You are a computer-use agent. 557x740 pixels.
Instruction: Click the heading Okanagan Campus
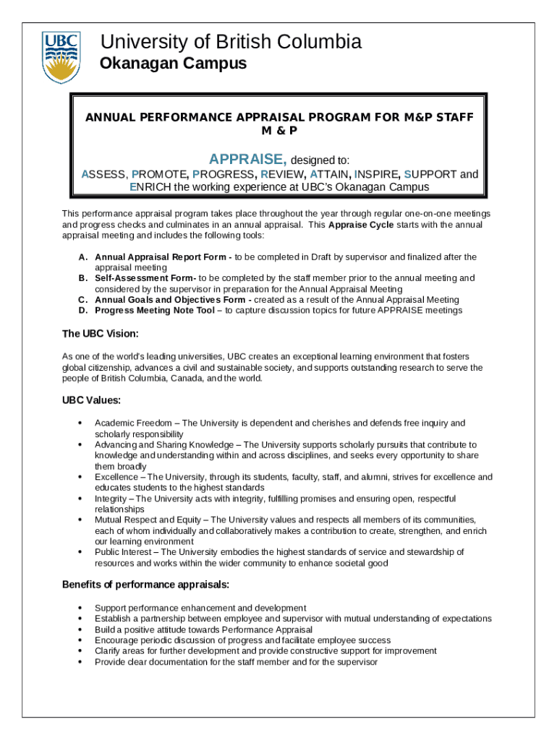click(172, 64)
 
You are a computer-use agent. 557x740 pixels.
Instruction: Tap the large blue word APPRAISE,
click(248, 159)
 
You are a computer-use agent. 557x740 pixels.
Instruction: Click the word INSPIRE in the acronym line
click(376, 174)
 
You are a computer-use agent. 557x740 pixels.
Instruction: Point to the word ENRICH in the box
click(150, 186)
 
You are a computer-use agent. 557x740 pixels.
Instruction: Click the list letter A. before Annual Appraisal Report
click(83, 257)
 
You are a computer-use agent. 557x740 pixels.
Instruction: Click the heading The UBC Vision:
click(100, 334)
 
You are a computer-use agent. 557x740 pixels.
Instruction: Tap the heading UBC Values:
click(91, 400)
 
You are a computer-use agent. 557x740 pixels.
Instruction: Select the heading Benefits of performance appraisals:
click(146, 584)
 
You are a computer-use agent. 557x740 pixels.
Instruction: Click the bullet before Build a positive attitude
click(78, 629)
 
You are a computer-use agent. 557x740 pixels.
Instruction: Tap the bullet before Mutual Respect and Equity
click(78, 520)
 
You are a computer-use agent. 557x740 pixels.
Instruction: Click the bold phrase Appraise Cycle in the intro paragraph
click(360, 225)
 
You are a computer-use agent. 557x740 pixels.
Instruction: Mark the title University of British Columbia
click(230, 43)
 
